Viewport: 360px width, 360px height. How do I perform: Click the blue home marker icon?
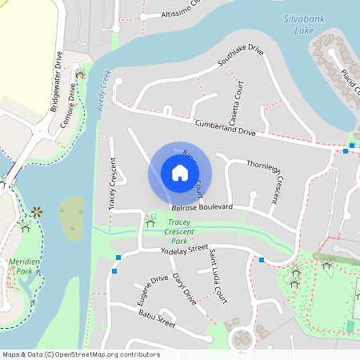(179, 173)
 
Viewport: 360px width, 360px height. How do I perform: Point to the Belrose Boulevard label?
(202, 207)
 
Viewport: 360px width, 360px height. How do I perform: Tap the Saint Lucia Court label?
(218, 276)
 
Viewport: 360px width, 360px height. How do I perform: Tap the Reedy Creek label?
(102, 88)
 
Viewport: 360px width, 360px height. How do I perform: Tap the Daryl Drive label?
(184, 290)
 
